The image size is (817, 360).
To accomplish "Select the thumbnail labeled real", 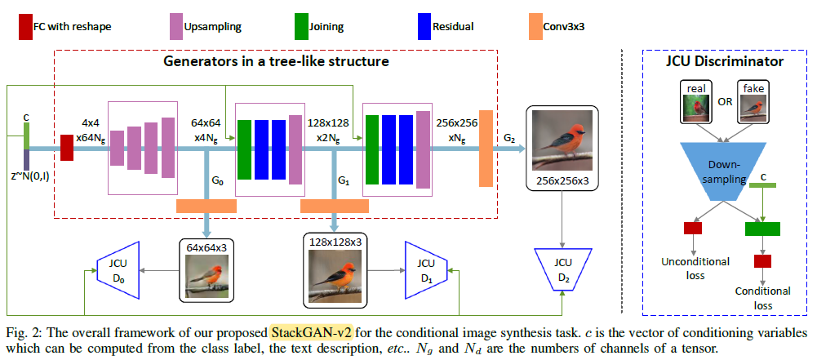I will tap(696, 103).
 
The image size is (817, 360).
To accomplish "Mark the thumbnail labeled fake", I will tap(753, 103).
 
